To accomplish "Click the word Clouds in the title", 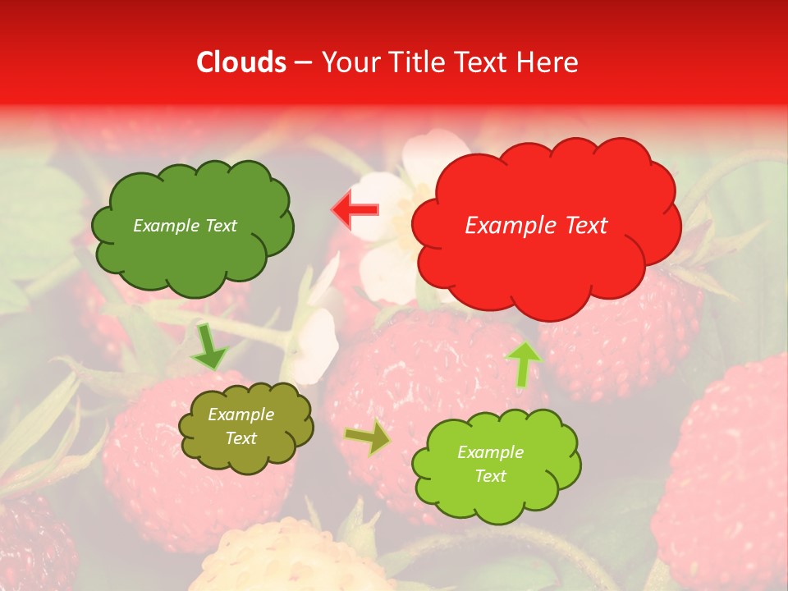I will [242, 62].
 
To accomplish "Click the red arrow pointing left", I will [355, 210].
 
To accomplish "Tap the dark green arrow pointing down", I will [209, 347].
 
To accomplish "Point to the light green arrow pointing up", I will [523, 363].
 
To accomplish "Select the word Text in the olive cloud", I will [241, 438].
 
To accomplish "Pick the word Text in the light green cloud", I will [490, 476].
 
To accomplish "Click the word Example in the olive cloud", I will [241, 415].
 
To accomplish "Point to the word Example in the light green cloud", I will [490, 452].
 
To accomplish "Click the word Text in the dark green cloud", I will [221, 226].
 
